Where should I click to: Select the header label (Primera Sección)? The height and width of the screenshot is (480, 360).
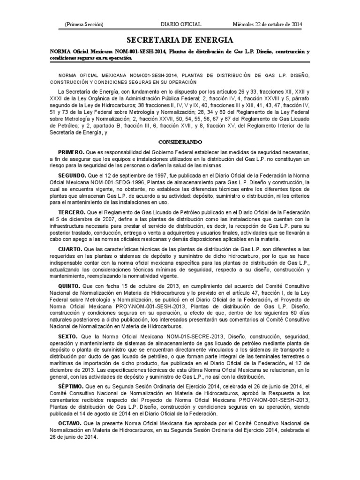[84, 24]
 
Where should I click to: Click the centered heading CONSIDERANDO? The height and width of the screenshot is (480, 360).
[180, 142]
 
